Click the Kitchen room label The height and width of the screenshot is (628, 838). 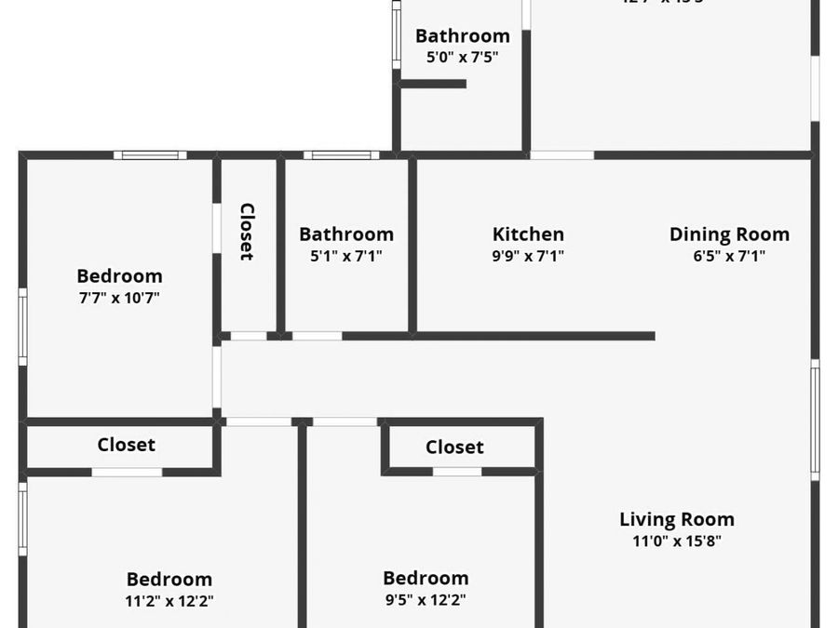click(528, 234)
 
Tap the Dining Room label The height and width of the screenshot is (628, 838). click(729, 234)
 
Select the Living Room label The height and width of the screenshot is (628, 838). click(677, 519)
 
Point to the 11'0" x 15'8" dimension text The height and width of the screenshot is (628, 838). click(677, 541)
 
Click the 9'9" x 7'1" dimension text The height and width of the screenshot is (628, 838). click(528, 257)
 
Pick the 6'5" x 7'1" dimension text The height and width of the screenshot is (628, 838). click(729, 257)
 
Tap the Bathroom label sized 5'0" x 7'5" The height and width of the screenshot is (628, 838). click(463, 35)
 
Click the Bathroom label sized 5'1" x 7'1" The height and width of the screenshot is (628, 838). click(346, 234)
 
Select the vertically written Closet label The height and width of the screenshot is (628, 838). click(248, 232)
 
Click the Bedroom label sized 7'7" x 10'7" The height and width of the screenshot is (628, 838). click(119, 275)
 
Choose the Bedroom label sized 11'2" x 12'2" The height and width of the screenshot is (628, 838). click(169, 579)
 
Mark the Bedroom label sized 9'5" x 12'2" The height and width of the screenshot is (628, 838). click(426, 578)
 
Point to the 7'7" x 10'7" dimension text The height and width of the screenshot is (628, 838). click(119, 298)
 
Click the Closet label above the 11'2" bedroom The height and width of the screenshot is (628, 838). click(127, 445)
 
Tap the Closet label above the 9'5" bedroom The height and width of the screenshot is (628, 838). click(454, 448)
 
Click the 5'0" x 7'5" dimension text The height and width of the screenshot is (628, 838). click(463, 58)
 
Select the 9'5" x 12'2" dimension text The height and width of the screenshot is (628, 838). click(426, 600)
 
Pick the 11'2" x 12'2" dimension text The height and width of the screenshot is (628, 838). click(169, 601)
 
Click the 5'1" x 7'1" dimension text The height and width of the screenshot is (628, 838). click(346, 257)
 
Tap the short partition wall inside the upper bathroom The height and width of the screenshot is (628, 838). click(433, 84)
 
